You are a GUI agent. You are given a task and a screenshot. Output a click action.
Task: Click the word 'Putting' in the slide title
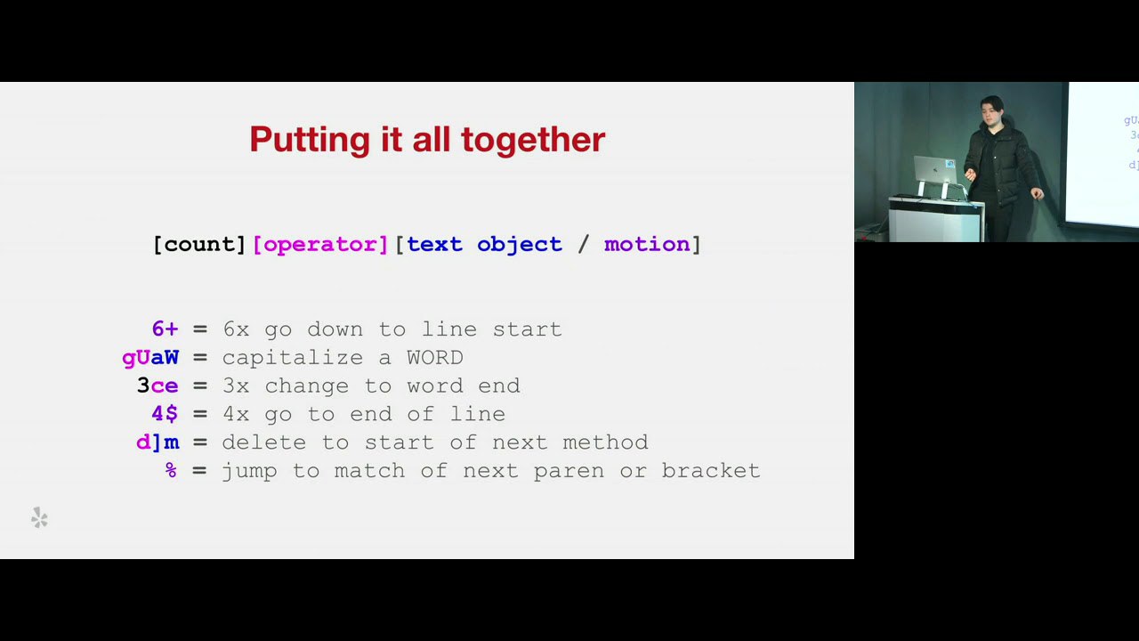tap(310, 140)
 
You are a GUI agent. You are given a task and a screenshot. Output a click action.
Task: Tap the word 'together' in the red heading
tap(533, 140)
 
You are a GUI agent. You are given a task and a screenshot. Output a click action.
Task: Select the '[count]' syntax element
tap(200, 245)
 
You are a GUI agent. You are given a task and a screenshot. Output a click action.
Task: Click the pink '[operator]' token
tap(321, 245)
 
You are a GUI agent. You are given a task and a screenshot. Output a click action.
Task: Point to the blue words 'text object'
tap(485, 245)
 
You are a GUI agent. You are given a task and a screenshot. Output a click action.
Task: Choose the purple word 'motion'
tap(647, 245)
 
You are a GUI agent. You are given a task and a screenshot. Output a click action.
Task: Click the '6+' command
tap(166, 329)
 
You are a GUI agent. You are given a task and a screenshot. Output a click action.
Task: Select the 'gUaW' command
tap(150, 358)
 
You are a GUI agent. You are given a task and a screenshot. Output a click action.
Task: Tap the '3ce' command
tap(158, 385)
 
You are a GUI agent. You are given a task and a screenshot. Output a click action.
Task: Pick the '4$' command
tap(166, 414)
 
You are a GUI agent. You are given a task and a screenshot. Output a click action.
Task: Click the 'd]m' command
tap(158, 442)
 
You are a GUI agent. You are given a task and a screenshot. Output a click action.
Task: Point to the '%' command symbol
tap(172, 470)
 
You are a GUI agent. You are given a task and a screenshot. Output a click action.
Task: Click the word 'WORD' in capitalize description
tap(435, 358)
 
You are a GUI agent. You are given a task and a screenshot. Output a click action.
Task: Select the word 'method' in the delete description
tap(605, 442)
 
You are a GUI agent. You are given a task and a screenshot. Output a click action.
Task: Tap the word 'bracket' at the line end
tap(711, 471)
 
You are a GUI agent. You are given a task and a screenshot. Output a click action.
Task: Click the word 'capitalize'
tap(293, 358)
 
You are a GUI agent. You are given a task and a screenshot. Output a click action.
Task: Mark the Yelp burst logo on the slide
tap(39, 518)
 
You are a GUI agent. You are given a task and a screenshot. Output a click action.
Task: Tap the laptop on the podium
tap(934, 170)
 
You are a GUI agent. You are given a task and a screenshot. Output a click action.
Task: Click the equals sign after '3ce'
tap(200, 386)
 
